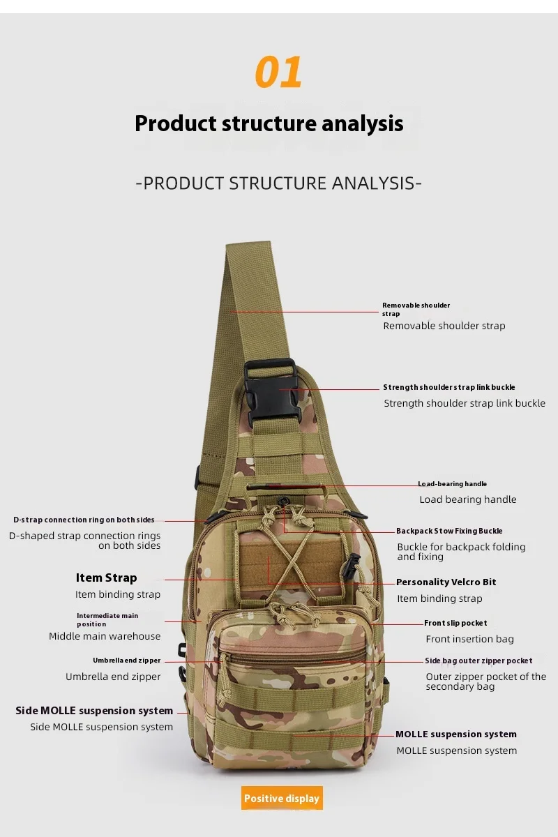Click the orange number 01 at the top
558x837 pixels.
click(279, 73)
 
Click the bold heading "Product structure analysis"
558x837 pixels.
click(269, 123)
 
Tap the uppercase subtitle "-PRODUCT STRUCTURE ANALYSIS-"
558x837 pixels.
click(279, 183)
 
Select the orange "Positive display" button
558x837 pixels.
click(282, 799)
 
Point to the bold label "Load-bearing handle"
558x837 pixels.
click(452, 484)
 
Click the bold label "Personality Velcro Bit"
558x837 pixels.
click(446, 582)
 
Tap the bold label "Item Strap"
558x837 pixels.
click(106, 578)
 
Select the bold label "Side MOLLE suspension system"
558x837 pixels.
click(94, 711)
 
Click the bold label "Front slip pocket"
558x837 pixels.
click(455, 623)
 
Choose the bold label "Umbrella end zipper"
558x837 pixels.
click(126, 661)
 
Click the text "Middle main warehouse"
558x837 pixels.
click(105, 636)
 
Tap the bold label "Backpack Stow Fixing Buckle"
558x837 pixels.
click(449, 531)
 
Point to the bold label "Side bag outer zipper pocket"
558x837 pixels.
click(478, 661)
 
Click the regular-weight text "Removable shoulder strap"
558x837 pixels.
click(444, 326)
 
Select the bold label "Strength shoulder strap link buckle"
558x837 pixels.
click(449, 387)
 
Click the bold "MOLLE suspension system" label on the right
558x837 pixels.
click(456, 734)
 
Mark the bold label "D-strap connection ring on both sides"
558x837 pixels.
click(84, 520)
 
